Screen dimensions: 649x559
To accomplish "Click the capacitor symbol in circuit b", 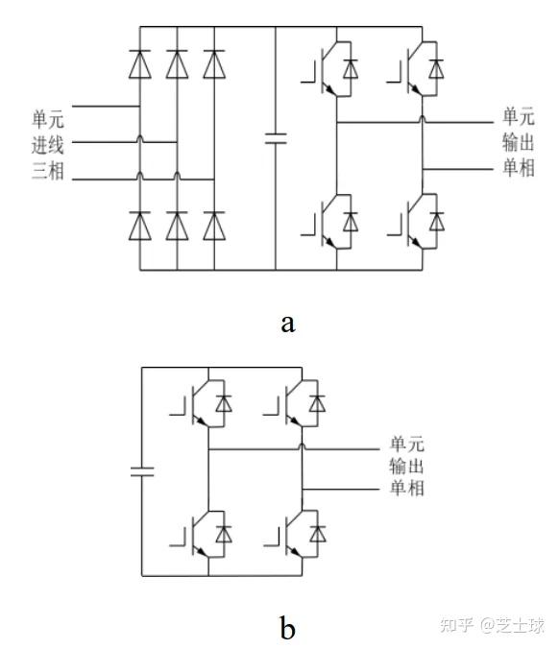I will click(142, 471).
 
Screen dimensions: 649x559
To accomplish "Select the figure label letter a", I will click(287, 321).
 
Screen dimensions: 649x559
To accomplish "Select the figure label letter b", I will click(287, 628).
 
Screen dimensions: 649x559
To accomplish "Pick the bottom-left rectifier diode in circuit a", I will click(141, 225).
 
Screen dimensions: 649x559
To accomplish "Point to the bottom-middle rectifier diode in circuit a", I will click(177, 225).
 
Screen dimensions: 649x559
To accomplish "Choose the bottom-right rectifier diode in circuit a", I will click(212, 225).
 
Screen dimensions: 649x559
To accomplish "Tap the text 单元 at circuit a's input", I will click(47, 120).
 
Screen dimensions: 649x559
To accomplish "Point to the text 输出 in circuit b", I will click(406, 466).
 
